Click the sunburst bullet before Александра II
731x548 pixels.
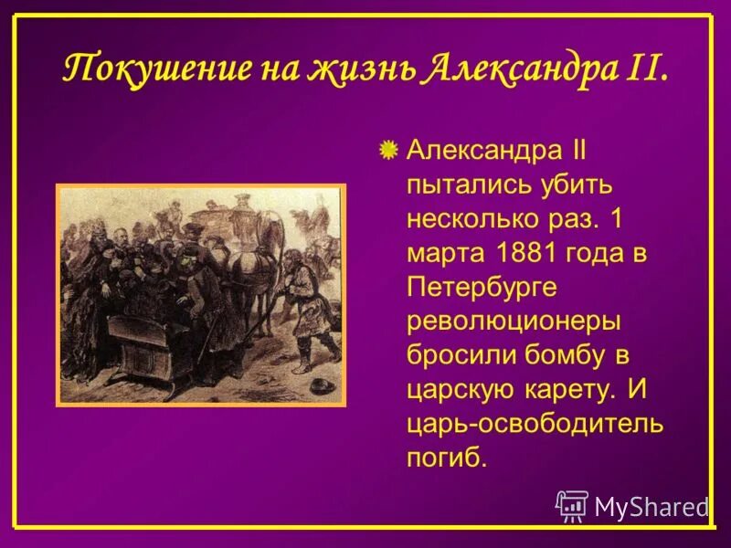click(x=388, y=149)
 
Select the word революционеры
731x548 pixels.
click(x=514, y=321)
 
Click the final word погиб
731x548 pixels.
click(x=444, y=458)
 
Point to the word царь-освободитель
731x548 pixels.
click(x=535, y=424)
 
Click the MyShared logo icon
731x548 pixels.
click(x=572, y=506)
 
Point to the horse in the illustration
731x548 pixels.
click(x=251, y=265)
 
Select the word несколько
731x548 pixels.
click(x=477, y=219)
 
